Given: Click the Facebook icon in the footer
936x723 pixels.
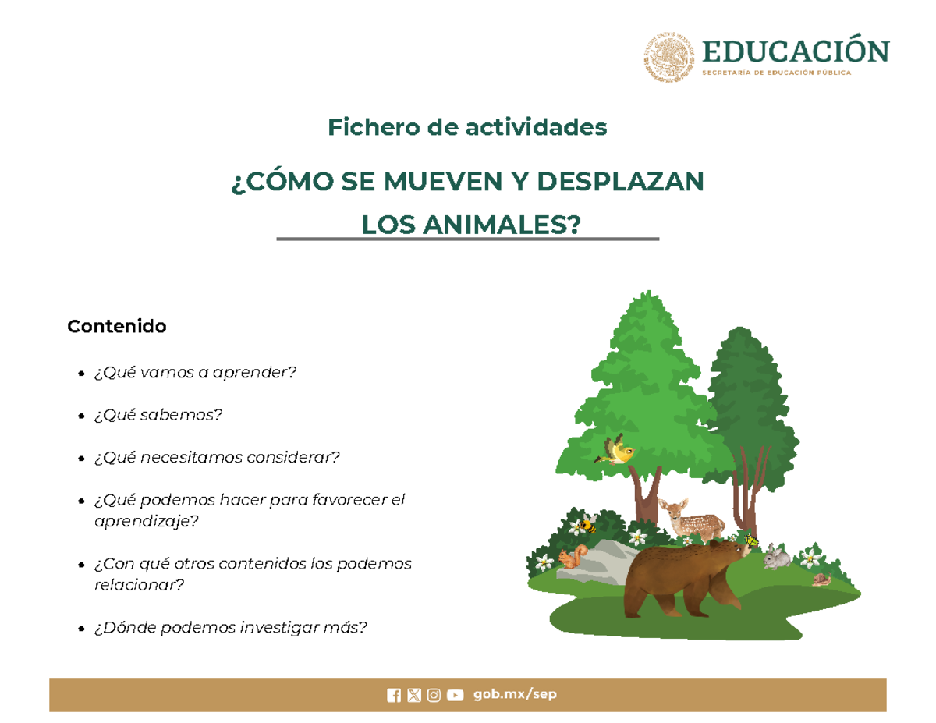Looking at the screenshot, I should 394,695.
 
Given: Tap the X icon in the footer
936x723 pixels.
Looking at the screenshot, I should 414,695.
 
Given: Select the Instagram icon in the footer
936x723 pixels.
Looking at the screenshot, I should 434,695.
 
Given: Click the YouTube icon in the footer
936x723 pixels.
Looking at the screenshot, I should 455,695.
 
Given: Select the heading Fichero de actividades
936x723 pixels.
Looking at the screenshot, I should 467,126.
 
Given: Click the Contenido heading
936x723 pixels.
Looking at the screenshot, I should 117,326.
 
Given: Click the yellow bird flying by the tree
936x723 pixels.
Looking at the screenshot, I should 618,452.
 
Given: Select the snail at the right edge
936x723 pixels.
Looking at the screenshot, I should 821,579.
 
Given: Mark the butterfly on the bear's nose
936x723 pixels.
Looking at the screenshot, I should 750,539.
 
